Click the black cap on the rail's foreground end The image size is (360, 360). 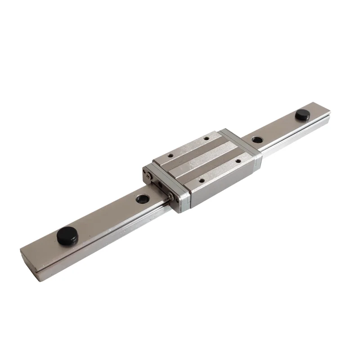click(x=66, y=235)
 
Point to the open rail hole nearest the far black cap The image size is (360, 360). click(x=256, y=139)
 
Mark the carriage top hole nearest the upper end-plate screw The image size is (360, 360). click(x=171, y=156)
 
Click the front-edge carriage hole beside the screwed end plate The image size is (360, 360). click(x=201, y=180)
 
